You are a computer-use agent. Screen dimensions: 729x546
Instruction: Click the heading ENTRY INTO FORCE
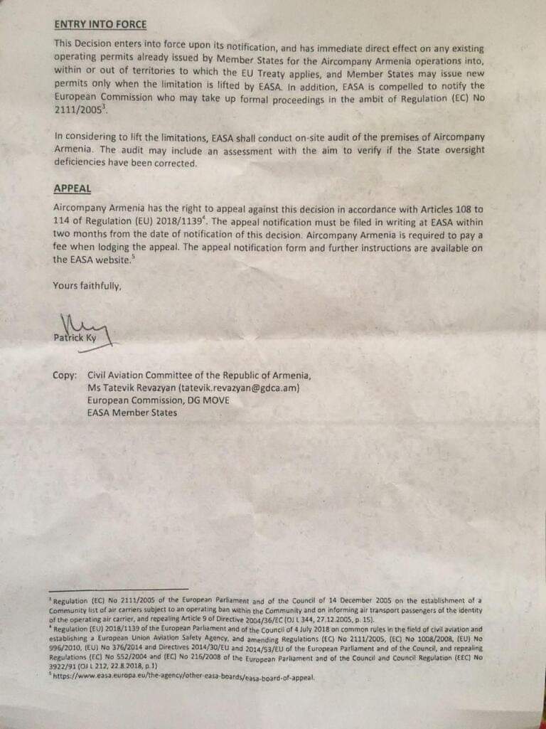pos(100,24)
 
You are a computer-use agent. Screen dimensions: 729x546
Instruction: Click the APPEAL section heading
pos(72,188)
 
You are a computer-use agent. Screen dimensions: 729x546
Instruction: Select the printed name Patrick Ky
pos(75,339)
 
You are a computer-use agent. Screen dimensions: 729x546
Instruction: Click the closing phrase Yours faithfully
pos(87,286)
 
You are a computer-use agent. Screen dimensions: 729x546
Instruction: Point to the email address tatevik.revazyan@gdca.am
pos(240,388)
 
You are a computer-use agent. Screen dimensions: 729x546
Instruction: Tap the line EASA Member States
pos(132,412)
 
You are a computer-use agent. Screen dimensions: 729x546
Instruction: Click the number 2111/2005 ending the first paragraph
pos(74,111)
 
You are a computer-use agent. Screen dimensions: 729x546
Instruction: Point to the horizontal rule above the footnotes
pos(119,589)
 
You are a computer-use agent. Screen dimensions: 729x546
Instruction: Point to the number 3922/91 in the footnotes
pos(65,666)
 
